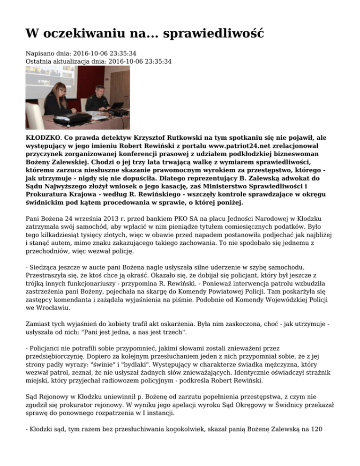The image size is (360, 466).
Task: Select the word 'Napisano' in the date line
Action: [x=39, y=53]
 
